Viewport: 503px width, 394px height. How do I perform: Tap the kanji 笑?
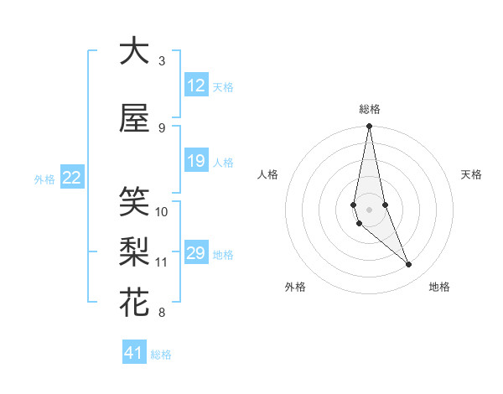coord(134,202)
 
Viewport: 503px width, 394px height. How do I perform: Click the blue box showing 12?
coord(196,86)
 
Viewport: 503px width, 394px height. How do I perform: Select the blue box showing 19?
coord(196,161)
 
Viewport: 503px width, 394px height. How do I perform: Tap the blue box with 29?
coord(196,253)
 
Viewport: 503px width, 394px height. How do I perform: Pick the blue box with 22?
coord(72,178)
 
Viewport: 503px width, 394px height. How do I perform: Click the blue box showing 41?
coord(135,353)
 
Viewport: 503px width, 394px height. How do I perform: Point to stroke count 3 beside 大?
coord(162,61)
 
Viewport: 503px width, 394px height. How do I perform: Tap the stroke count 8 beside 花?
coord(162,313)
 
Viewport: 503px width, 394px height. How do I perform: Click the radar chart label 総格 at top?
coord(369,108)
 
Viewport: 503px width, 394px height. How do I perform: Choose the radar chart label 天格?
coord(471,174)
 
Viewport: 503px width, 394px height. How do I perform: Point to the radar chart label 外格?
coord(295,287)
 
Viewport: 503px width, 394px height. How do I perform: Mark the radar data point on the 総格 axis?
coord(369,127)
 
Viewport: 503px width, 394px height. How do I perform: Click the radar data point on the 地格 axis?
coord(409,265)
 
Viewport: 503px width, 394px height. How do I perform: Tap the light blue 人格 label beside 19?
coord(223,162)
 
